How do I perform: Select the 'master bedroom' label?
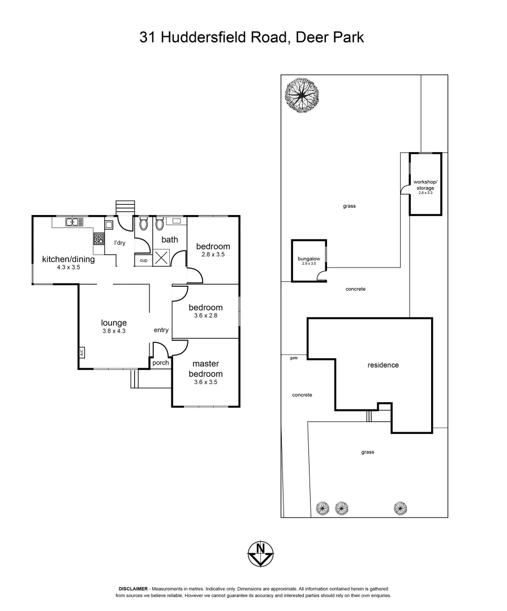pos(205,369)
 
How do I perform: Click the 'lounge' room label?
pos(114,323)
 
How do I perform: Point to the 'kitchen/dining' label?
pos(68,260)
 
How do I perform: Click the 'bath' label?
pos(170,239)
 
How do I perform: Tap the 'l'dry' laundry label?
pos(119,243)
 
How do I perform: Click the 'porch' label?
pos(161,363)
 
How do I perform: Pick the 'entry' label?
pos(161,330)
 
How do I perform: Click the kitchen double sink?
pos(74,222)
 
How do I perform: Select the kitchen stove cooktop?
pos(99,239)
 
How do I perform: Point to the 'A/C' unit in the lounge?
pos(81,352)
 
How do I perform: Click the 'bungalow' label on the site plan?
pos(309,259)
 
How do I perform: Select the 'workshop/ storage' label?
pos(426,184)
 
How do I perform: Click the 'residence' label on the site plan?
pos(383,365)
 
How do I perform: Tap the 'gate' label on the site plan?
pos(293,358)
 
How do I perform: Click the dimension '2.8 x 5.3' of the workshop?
pos(426,193)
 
